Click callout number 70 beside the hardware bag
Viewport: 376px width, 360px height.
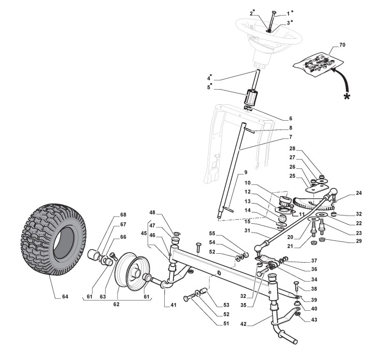coord(342,45)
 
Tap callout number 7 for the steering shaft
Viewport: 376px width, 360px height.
coord(291,137)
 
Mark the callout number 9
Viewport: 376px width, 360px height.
coord(246,172)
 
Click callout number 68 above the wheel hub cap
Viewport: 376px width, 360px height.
coord(123,214)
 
